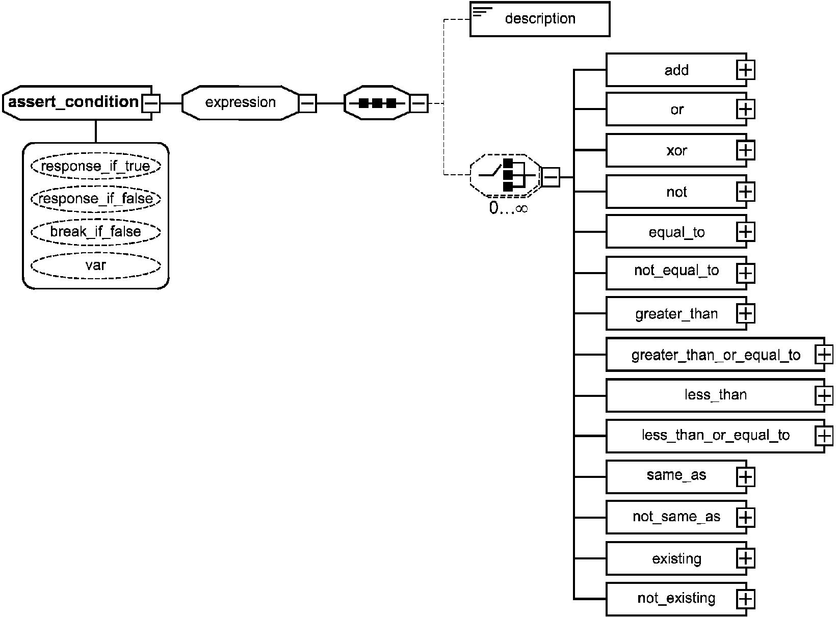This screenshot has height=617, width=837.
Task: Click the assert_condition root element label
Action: pos(73,102)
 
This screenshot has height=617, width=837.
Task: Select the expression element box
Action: pos(240,103)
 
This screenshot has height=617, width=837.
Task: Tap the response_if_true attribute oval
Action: pos(96,166)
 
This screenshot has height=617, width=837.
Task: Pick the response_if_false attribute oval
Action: pos(96,199)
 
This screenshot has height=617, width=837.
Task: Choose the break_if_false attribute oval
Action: pos(96,231)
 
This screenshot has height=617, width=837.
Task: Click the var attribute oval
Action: pos(96,265)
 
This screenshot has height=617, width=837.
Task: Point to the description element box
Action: pos(540,19)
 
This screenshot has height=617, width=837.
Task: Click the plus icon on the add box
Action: pos(745,70)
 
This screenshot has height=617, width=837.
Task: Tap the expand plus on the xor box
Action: pos(745,150)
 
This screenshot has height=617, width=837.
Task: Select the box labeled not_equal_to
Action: pos(676,273)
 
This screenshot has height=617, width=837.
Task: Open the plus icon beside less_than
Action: pos(824,395)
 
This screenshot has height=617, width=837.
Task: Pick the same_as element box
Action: pos(676,477)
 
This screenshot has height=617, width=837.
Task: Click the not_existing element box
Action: pos(676,599)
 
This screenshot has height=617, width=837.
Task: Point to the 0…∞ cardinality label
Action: pos(508,208)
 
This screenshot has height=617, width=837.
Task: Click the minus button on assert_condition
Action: pos(151,103)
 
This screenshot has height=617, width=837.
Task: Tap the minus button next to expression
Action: pos(307,103)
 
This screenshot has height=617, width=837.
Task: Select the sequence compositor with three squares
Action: pos(377,103)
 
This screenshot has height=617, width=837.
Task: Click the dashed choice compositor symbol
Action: pos(506,175)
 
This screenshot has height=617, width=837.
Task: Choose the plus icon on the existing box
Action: pos(745,558)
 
